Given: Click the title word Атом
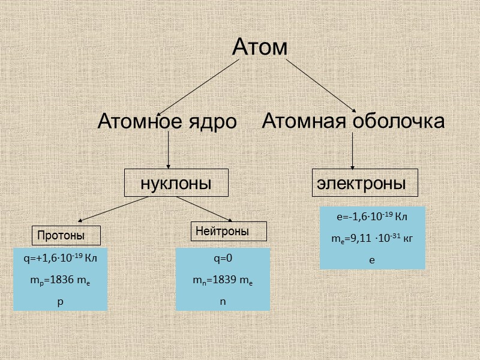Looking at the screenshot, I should click(260, 47).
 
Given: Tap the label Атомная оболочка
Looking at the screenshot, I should click(353, 121).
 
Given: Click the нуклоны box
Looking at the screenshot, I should click(176, 183).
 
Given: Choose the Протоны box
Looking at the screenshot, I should click(66, 235).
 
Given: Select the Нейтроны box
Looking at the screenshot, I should click(229, 231).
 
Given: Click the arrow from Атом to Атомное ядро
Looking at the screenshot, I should click(195, 87).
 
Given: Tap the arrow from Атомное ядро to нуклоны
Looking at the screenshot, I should click(169, 150).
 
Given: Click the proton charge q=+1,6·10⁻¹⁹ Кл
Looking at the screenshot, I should click(60, 259).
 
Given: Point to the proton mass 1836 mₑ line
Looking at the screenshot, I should click(60, 281).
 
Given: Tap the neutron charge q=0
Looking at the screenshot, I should click(223, 259).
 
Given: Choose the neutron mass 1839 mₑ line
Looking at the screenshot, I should click(223, 281).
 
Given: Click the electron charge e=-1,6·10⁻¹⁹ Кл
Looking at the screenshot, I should click(372, 217).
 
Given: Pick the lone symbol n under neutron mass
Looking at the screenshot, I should click(223, 301).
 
